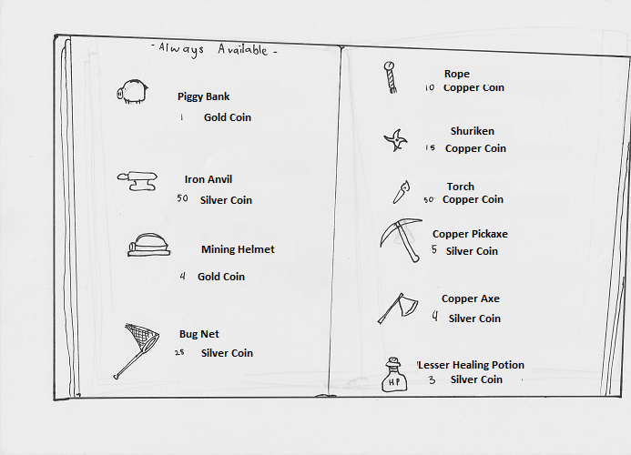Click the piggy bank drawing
point(132,92)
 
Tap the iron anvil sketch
point(137,181)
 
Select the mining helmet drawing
point(148,245)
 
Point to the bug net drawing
point(136,350)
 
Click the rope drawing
point(390,77)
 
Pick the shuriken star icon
point(395,140)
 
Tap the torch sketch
point(402,192)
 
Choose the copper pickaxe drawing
point(401,240)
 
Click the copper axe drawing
point(398,308)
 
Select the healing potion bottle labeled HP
point(394,375)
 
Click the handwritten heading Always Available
point(214,50)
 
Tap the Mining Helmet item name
point(238,249)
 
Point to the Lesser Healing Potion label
point(471,365)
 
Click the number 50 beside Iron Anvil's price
point(182,198)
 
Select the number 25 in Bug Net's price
point(179,352)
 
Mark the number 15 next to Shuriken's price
point(430,147)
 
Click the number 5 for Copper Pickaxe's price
point(433,249)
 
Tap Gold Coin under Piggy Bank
point(228,117)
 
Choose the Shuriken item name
point(473,131)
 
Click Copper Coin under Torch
point(473,199)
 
